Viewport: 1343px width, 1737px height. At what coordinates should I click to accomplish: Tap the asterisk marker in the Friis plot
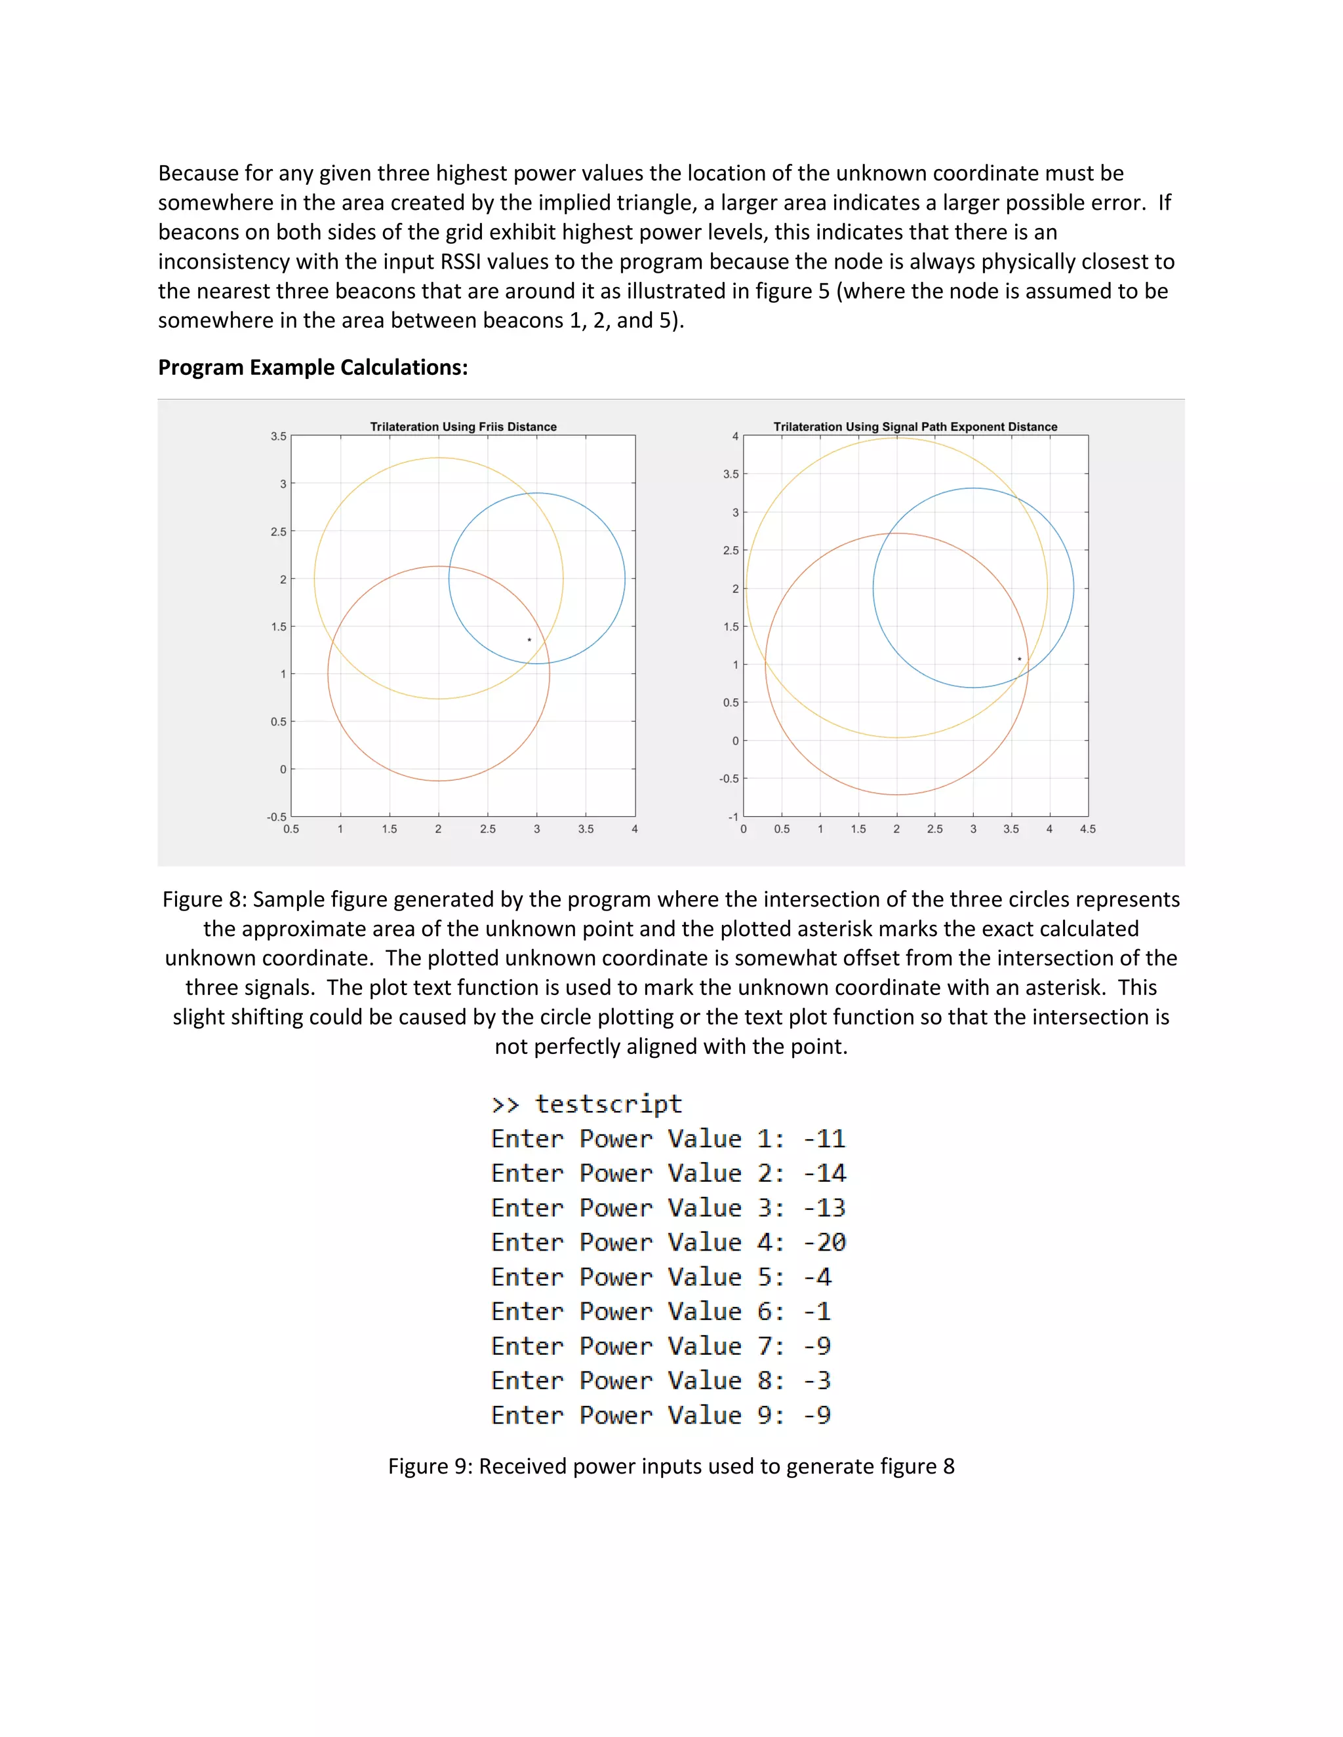(x=529, y=640)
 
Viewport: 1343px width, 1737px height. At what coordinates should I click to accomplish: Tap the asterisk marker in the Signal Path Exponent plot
(x=1019, y=659)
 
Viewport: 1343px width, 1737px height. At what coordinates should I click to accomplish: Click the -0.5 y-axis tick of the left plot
(x=276, y=816)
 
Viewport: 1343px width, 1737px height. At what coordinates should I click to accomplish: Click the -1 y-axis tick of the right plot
(x=732, y=816)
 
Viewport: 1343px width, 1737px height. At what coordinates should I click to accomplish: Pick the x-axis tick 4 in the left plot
(x=634, y=829)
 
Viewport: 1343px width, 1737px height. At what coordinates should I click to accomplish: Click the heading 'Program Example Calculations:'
(x=313, y=368)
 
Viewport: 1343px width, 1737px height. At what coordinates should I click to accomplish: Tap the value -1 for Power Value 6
(x=817, y=1312)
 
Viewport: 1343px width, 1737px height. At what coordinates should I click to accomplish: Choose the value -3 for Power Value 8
(x=817, y=1380)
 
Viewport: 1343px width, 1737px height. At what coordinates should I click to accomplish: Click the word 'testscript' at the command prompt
(x=609, y=1104)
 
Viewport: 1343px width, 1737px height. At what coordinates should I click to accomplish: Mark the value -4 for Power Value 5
(x=817, y=1278)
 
